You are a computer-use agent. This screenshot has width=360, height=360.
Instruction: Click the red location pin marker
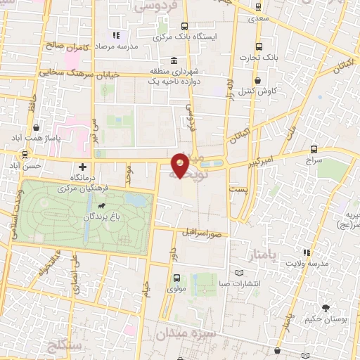click(x=181, y=165)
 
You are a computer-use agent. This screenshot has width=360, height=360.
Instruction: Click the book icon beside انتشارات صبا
click(x=240, y=272)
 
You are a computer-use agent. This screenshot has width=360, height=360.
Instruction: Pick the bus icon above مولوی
click(x=177, y=277)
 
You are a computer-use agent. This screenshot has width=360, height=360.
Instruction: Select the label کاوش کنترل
click(x=263, y=91)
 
